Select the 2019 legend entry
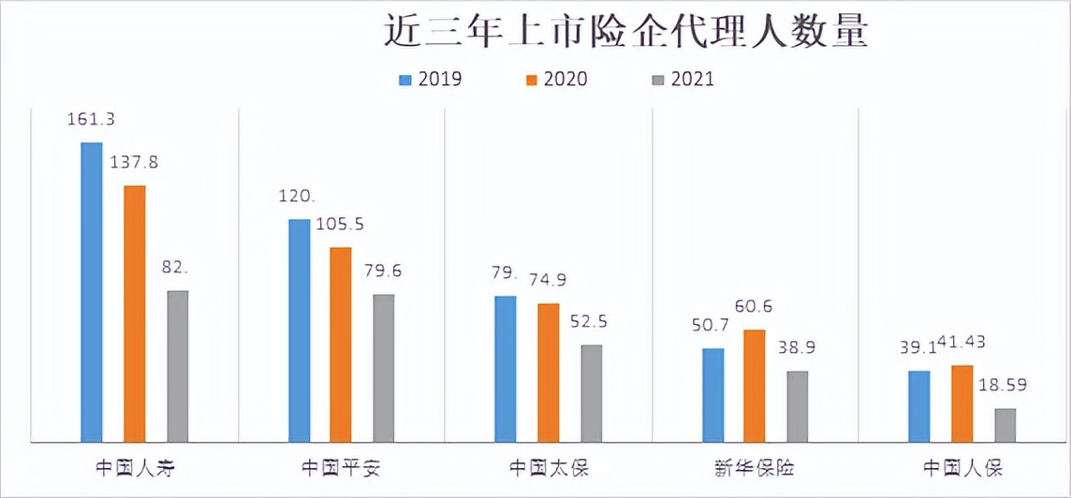pyautogui.click(x=430, y=80)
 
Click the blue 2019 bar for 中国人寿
pyautogui.click(x=92, y=291)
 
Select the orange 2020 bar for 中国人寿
pyautogui.click(x=135, y=313)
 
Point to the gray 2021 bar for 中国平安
pyautogui.click(x=383, y=367)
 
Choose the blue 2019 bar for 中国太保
pyautogui.click(x=506, y=368)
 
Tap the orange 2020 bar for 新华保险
pyautogui.click(x=755, y=385)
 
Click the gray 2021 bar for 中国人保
pyautogui.click(x=1005, y=424)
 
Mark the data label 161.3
pyautogui.click(x=91, y=120)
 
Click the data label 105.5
pyautogui.click(x=341, y=226)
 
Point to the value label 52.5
pyautogui.click(x=590, y=321)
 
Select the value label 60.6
pyautogui.click(x=754, y=307)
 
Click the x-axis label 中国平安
pyautogui.click(x=341, y=467)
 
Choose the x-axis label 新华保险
pyautogui.click(x=755, y=467)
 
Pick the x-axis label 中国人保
pyautogui.click(x=962, y=467)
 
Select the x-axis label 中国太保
pyautogui.click(x=549, y=467)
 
